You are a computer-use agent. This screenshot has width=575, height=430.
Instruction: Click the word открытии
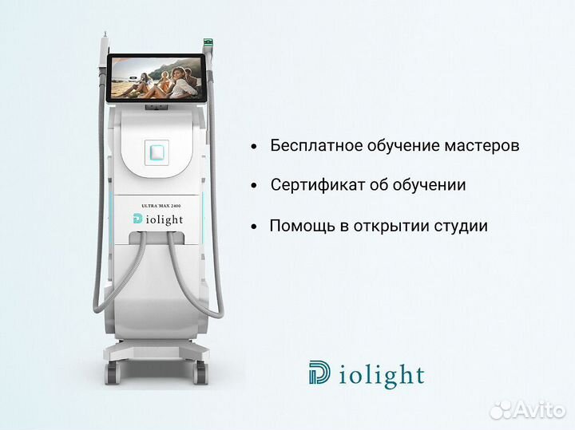(x=383, y=226)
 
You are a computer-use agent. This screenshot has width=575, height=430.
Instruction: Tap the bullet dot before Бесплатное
(x=254, y=147)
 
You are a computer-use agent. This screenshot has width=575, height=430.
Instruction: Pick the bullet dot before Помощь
(x=254, y=227)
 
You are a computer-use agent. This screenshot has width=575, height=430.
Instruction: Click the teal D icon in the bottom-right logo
(x=319, y=373)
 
